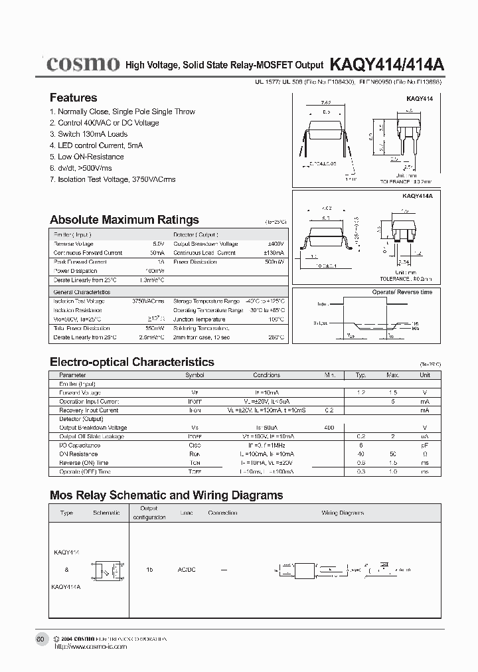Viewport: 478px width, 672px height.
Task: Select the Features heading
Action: click(73, 98)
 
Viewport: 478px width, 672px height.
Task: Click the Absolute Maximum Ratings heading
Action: click(124, 220)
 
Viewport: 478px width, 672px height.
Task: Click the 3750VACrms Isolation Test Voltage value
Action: click(148, 301)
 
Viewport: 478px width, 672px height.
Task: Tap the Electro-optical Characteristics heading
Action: click(132, 362)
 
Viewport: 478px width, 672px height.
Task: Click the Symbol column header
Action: click(195, 375)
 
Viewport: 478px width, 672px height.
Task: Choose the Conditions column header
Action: click(266, 375)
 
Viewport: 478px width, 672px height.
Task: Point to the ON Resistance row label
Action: click(78, 454)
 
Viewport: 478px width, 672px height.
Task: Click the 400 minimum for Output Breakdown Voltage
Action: click(329, 428)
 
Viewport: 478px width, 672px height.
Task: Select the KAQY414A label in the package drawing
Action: click(417, 197)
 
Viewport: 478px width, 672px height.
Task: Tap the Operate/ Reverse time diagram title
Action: click(402, 292)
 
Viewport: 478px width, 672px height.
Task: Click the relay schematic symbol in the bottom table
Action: click(106, 570)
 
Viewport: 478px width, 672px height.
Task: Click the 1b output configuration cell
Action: click(149, 570)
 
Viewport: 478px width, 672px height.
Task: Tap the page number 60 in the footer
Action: click(40, 639)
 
